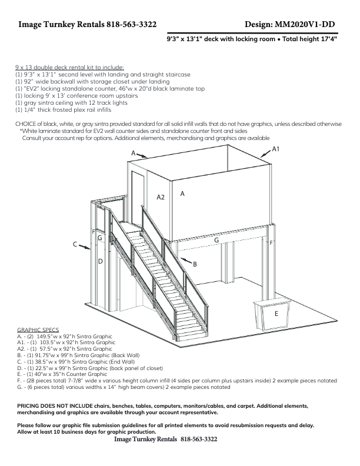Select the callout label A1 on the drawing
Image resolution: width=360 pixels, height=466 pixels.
click(275, 150)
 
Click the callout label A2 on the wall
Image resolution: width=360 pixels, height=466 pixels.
click(161, 197)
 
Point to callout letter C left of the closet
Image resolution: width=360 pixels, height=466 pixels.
click(75, 244)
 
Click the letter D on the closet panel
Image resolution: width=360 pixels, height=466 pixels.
click(100, 261)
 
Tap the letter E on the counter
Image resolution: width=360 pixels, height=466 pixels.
click(276, 314)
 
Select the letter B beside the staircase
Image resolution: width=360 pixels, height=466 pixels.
click(195, 265)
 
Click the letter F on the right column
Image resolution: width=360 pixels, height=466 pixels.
click(271, 242)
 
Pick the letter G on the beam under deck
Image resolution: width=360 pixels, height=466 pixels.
click(216, 240)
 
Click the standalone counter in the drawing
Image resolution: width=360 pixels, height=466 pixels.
click(274, 315)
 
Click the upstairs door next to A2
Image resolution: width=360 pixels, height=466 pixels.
click(138, 197)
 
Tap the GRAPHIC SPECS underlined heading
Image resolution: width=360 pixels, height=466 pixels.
click(38, 330)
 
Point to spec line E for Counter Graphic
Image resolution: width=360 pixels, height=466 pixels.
click(62, 374)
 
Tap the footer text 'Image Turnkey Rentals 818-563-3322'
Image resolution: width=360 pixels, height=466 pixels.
click(165, 440)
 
